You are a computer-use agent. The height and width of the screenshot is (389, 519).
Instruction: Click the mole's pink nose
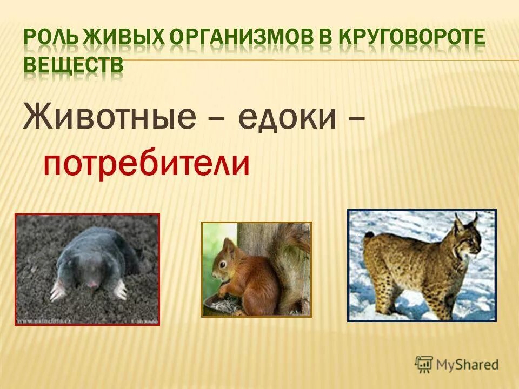92,284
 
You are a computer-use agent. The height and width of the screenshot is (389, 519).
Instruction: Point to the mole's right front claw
120,291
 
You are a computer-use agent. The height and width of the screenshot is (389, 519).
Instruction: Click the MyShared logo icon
424,364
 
